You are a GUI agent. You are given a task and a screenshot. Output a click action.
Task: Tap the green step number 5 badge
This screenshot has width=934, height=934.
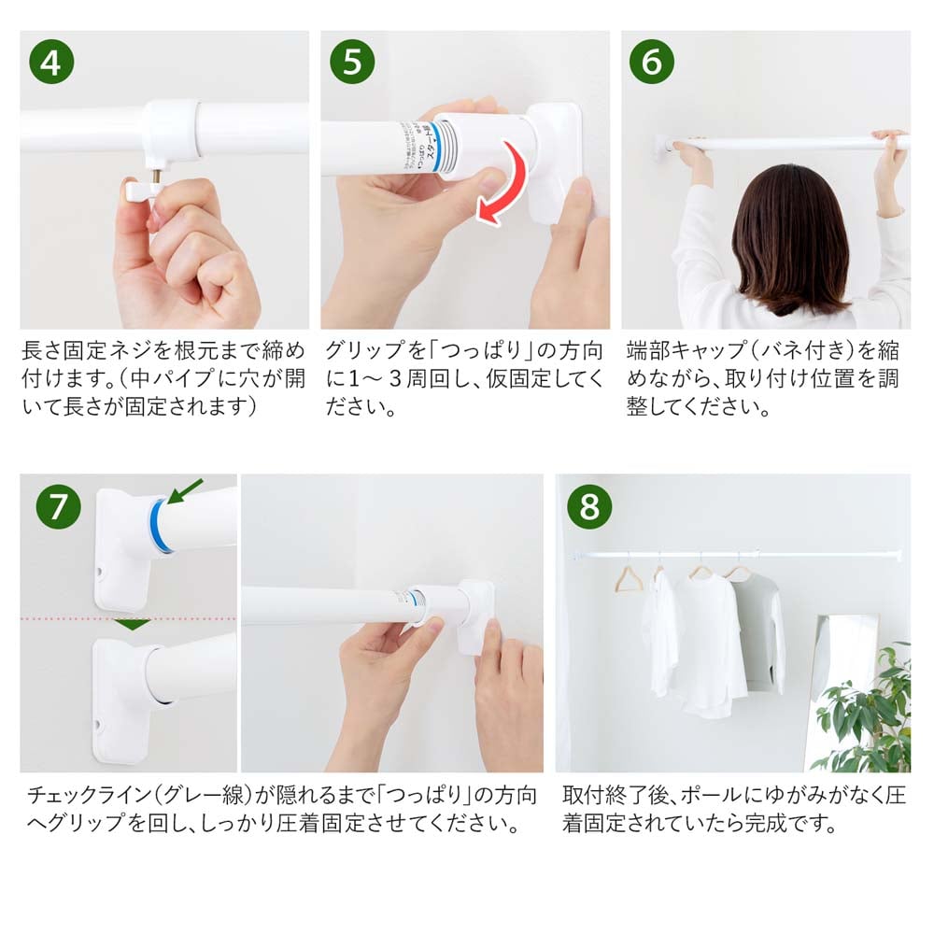coord(352,62)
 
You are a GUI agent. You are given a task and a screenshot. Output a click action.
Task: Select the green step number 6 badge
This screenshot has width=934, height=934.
coord(652,62)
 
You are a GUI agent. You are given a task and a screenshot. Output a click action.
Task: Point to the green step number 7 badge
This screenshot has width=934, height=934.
coord(58,505)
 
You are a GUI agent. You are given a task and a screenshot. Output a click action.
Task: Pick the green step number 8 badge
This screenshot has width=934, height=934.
coord(589,505)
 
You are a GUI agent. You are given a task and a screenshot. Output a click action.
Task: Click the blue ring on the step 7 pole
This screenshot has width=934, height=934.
coord(161,525)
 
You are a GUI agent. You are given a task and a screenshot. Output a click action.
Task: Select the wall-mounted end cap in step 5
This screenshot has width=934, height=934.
coord(551,159)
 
